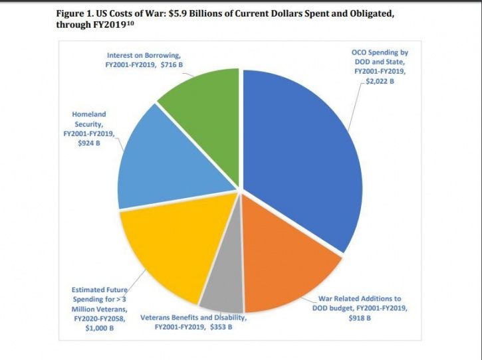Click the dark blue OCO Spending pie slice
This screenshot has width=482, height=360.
(299, 153)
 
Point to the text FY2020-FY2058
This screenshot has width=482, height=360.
(98, 317)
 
